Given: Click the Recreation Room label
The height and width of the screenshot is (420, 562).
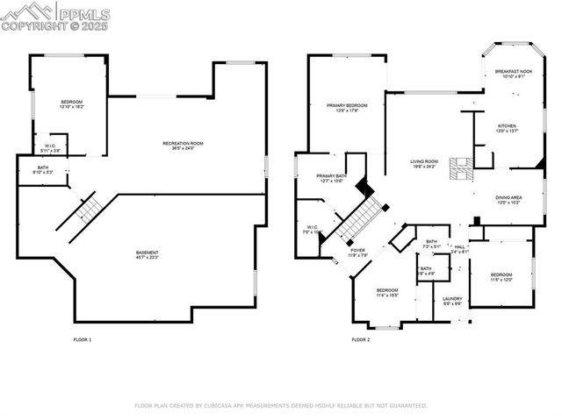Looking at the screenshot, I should [183, 145].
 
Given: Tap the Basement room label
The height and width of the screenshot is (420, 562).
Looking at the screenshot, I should [160, 254].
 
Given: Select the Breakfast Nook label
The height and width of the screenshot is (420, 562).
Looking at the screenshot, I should [513, 73].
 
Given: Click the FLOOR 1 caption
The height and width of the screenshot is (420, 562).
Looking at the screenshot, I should [82, 339].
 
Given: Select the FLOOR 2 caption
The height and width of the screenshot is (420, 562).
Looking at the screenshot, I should [361, 339].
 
